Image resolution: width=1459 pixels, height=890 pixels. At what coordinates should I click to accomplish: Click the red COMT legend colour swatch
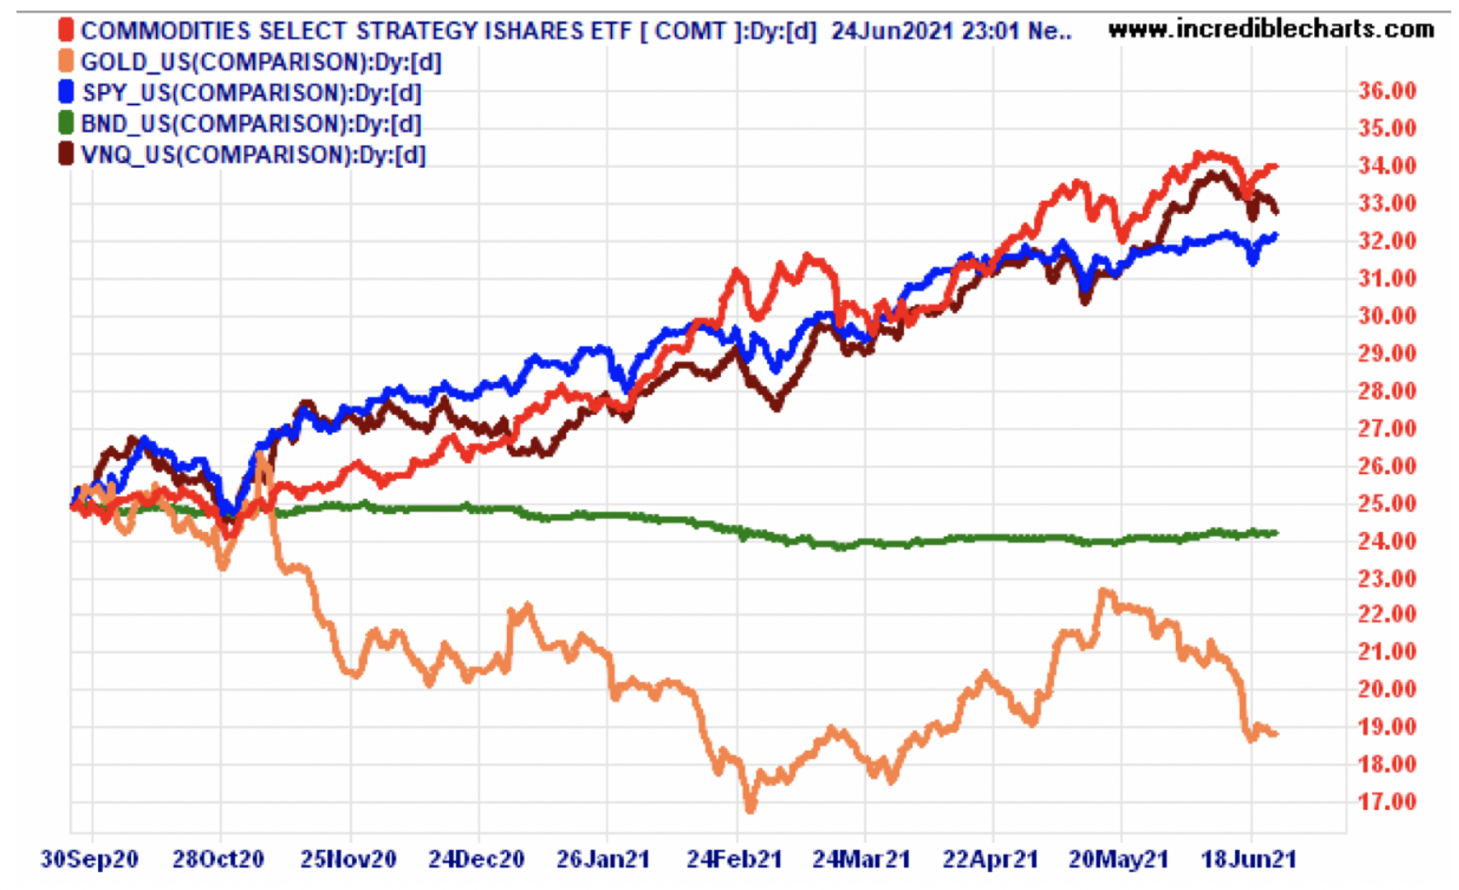point(66,31)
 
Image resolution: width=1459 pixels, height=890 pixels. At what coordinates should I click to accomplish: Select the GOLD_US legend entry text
point(261,62)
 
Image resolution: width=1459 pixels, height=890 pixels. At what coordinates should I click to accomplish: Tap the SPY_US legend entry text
point(251,93)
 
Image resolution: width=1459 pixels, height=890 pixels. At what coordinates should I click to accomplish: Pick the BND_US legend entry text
point(251,124)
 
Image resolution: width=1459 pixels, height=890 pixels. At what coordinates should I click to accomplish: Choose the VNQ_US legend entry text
point(253,155)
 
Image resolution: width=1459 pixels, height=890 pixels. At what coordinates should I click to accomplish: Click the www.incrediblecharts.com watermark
point(1271,29)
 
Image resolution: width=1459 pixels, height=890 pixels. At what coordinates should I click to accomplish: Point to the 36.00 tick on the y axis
point(1387,91)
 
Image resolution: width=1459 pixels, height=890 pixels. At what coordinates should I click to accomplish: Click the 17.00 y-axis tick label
point(1387,801)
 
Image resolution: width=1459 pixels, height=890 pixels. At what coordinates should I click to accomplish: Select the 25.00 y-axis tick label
point(1387,503)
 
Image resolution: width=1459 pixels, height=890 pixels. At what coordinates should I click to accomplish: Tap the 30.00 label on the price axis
point(1387,315)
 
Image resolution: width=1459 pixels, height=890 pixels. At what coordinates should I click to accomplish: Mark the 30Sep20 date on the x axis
point(89,858)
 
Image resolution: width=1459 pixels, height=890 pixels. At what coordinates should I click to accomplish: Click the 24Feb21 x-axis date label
point(734,858)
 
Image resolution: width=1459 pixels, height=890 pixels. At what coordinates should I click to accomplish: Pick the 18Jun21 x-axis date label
point(1248,858)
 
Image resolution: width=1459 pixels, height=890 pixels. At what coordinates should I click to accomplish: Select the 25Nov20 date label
point(348,858)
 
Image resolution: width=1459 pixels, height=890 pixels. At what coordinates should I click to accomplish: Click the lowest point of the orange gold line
point(750,806)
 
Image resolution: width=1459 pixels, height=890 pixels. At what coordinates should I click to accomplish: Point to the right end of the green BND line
point(1276,533)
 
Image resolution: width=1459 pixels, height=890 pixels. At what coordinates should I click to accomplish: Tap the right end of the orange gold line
point(1276,733)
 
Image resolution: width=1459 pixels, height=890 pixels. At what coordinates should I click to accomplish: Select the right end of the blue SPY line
point(1276,235)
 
